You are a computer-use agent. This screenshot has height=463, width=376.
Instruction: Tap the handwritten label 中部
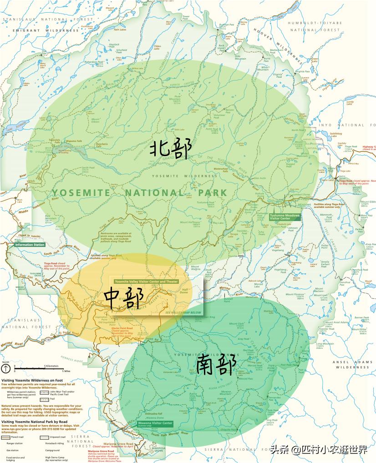click(x=124, y=298)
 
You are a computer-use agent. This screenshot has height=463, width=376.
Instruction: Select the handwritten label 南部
click(x=216, y=366)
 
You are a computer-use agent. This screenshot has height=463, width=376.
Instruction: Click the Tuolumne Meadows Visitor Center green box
click(x=285, y=216)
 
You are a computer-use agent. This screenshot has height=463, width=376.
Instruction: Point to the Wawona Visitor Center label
click(x=155, y=424)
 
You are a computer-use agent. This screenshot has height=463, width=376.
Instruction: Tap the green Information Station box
click(x=30, y=245)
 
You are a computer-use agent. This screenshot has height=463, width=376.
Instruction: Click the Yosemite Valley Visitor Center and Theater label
click(x=146, y=282)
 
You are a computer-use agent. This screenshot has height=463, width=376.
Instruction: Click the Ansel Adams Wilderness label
click(x=353, y=364)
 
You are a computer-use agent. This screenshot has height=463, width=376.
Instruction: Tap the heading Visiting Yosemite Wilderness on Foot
click(x=32, y=381)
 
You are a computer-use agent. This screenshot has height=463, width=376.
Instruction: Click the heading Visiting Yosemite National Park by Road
click(x=36, y=422)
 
